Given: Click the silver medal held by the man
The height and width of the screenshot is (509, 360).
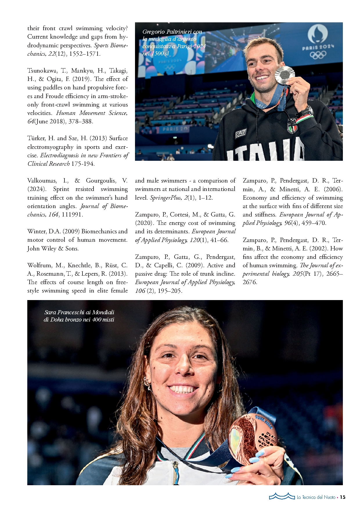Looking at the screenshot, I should tap(285, 75).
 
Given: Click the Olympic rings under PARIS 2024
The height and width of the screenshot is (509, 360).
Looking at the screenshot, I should tap(318, 55).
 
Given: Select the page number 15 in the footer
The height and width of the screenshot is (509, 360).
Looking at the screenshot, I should tap(343, 497).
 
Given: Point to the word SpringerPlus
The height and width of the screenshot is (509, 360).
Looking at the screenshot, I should tap(166, 198).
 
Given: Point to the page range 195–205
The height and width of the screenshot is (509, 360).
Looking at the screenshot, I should tap(170, 291).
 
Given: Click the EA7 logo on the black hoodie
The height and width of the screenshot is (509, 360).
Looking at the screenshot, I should tap(241, 134).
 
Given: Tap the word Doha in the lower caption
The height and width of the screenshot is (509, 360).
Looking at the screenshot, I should tap(57, 320).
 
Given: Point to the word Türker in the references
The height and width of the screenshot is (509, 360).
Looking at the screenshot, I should tap(37, 138).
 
